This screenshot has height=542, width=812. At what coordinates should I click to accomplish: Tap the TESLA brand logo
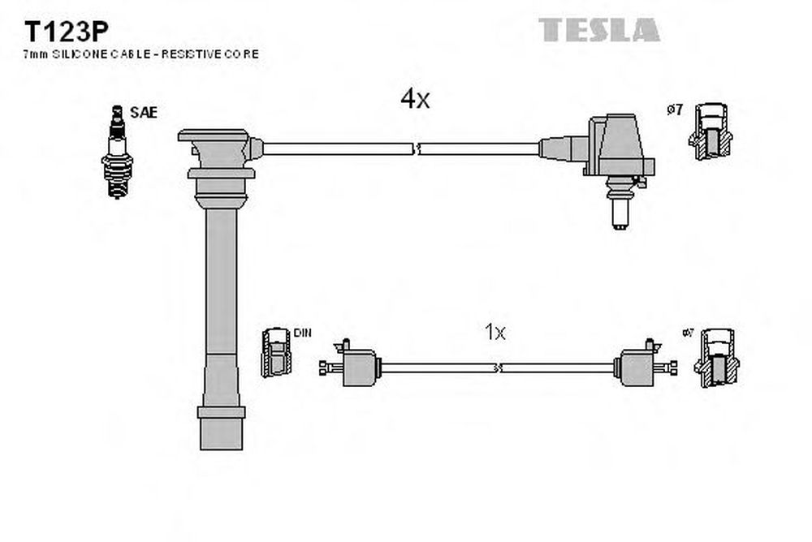(x=600, y=30)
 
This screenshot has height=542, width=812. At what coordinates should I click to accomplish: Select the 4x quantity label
(x=414, y=99)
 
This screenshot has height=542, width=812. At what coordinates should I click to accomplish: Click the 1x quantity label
(x=495, y=331)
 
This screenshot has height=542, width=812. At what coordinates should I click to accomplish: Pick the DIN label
(x=302, y=333)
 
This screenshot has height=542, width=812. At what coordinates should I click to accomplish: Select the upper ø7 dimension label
(x=675, y=110)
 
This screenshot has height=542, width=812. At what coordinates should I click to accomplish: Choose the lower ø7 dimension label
(x=687, y=333)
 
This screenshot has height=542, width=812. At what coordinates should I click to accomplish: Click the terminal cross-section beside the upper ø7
(x=711, y=130)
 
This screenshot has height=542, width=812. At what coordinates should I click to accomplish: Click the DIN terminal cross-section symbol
(x=276, y=353)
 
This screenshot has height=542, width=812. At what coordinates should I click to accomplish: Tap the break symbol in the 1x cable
(x=497, y=368)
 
